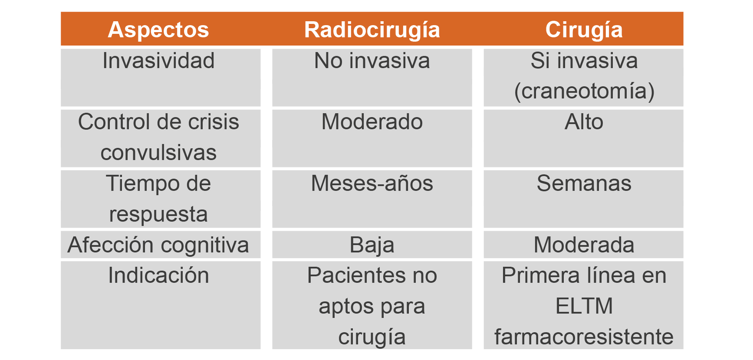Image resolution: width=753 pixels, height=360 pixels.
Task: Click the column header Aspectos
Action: point(158,30)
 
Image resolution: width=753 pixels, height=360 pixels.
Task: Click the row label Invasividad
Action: point(158,60)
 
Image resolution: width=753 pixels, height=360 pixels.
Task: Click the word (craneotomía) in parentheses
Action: point(584,92)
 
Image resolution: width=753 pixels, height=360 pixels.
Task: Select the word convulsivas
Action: point(158,153)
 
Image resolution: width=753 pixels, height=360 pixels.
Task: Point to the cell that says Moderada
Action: point(584,245)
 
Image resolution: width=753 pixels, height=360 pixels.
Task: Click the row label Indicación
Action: point(158,275)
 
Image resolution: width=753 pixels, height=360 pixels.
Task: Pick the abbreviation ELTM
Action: point(584,306)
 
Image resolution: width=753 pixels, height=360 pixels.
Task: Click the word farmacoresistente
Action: point(584,337)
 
